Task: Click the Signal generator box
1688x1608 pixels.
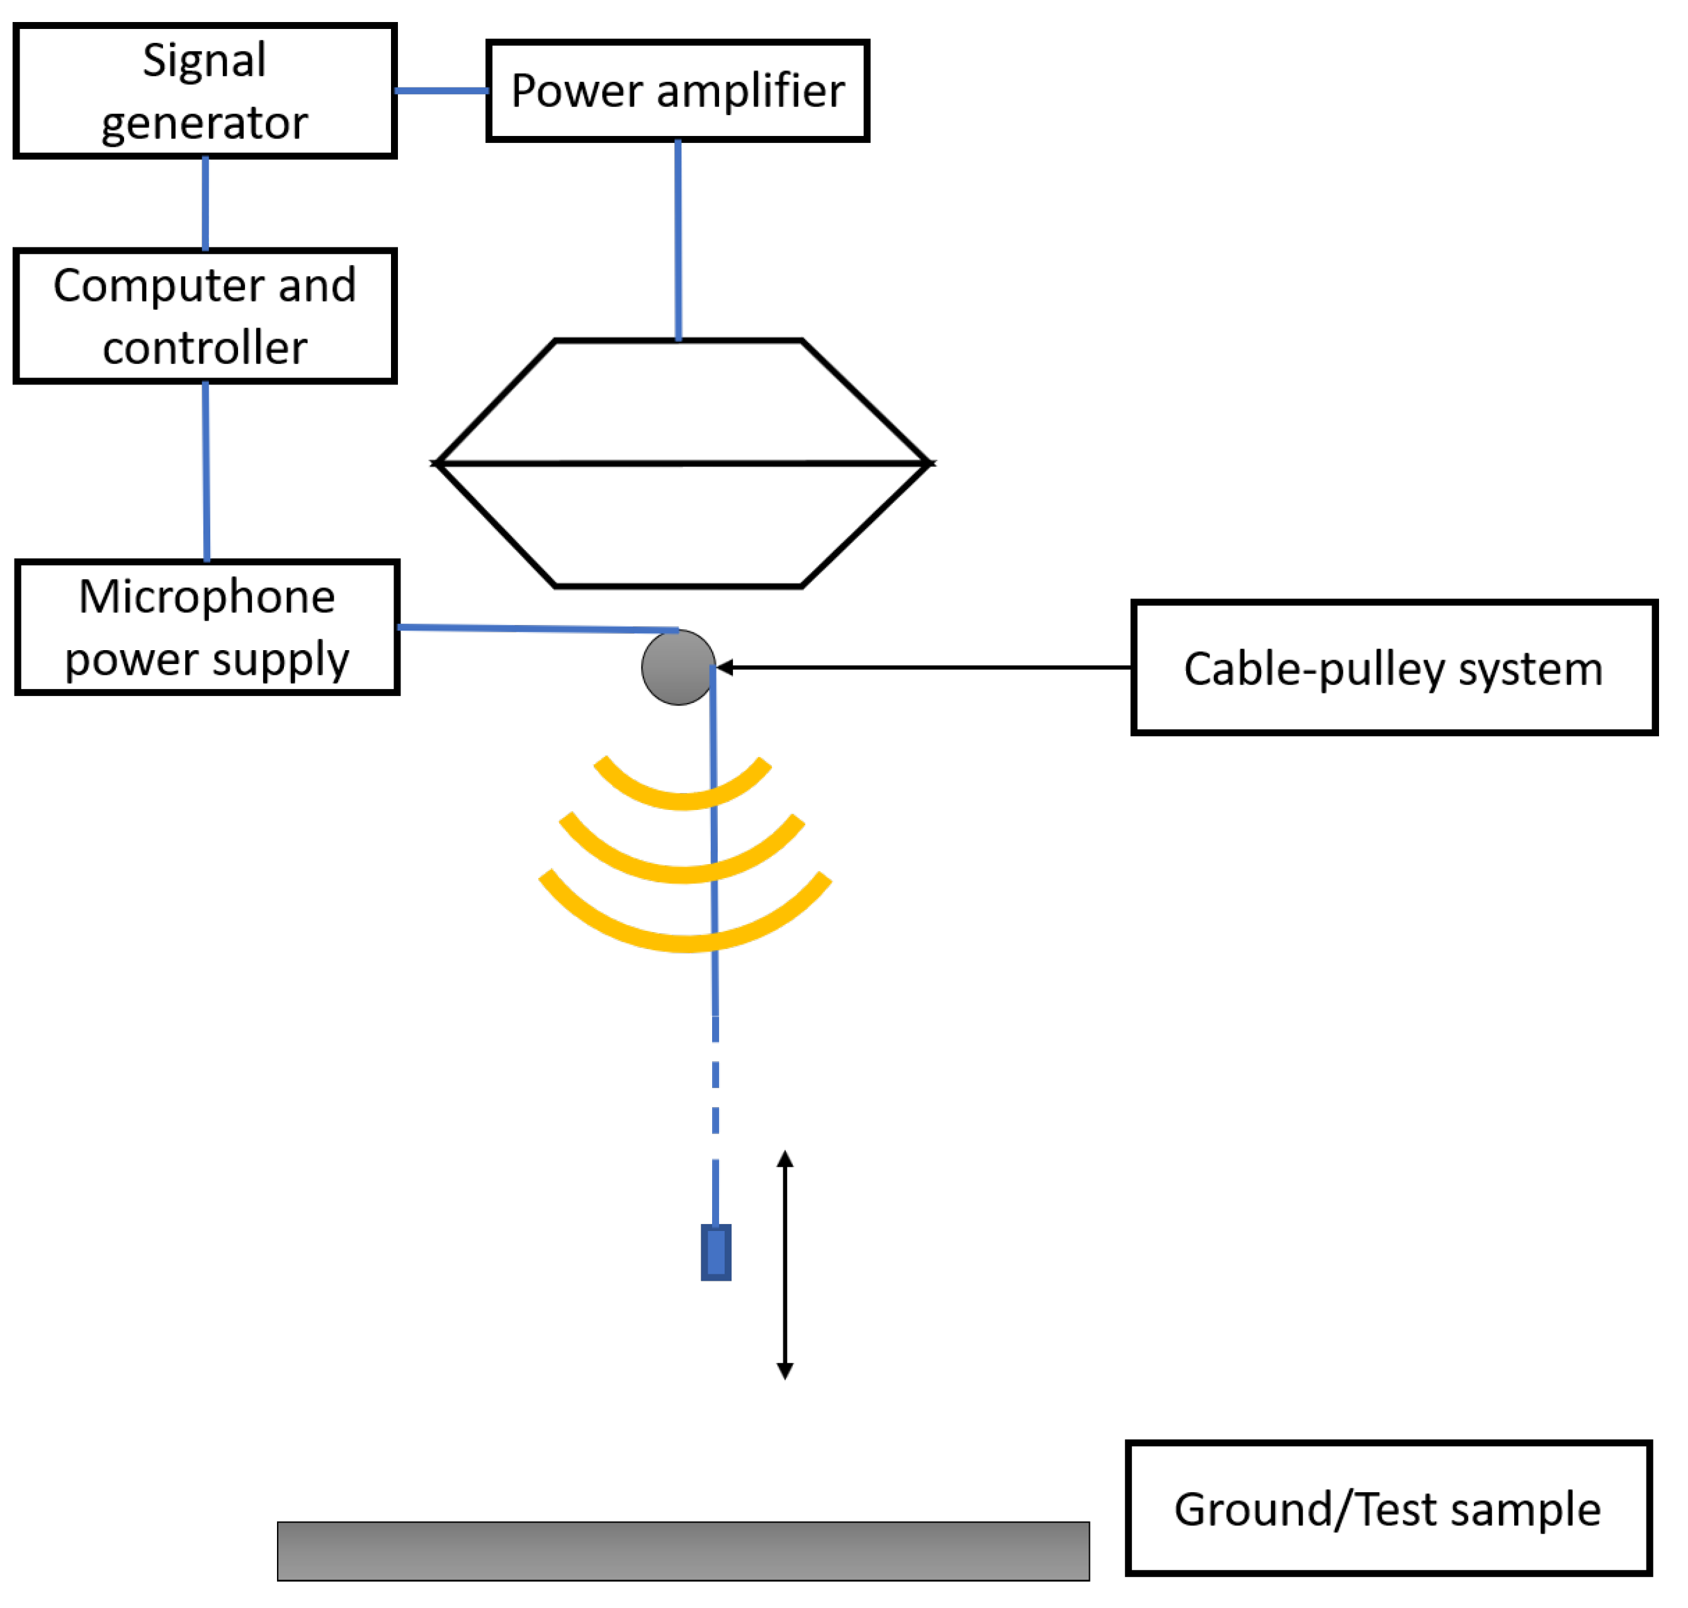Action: coord(204,91)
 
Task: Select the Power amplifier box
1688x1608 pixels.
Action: coord(677,90)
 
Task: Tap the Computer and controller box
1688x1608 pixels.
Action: coord(204,315)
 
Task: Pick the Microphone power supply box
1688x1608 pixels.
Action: coord(207,627)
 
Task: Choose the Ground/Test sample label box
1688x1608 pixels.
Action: coord(1387,1509)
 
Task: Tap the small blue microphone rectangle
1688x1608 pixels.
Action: coord(716,1252)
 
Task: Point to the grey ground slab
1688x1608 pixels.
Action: coord(683,1551)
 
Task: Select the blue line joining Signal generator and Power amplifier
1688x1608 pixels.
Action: coord(441,90)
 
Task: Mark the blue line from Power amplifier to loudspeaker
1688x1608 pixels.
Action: coord(678,240)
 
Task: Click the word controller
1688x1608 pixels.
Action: coord(204,347)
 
